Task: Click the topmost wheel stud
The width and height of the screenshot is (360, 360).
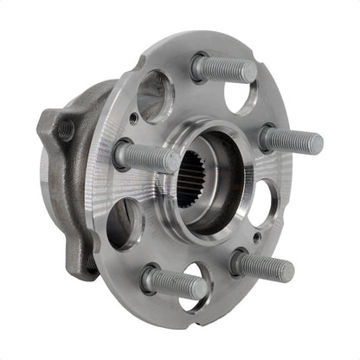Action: pos(223,68)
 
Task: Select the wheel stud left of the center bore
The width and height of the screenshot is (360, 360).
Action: pos(147,157)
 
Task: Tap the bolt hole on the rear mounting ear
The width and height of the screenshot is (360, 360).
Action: pos(64,130)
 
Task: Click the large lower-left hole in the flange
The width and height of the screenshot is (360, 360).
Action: pos(124,222)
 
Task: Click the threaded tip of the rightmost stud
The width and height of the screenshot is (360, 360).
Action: pos(316,144)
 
